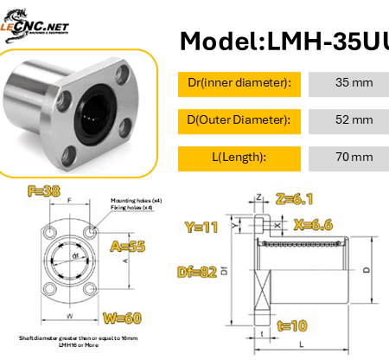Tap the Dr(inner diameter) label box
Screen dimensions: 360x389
pos(239,84)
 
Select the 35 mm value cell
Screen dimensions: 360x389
pos(348,84)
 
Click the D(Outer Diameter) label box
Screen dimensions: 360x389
pos(239,120)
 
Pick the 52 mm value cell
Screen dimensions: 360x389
pos(348,120)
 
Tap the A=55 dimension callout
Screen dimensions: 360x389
pos(127,246)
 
